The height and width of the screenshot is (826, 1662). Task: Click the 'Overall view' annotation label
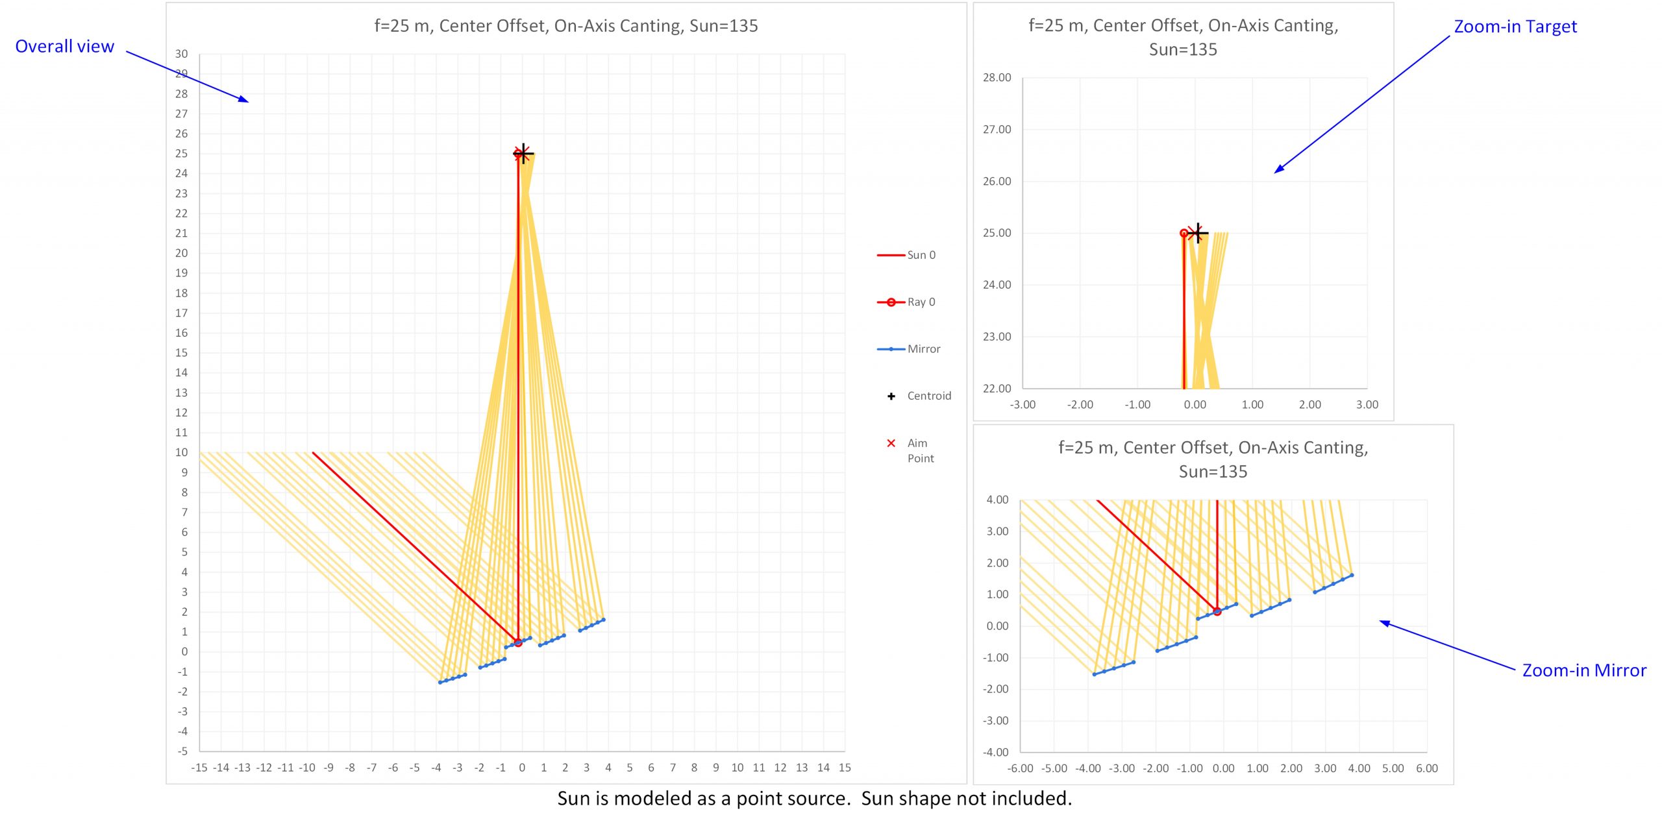(64, 47)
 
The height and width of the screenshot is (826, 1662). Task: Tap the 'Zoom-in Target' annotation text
(1515, 27)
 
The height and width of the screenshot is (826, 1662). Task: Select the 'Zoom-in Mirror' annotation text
(1584, 670)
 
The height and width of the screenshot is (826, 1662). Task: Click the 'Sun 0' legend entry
(921, 255)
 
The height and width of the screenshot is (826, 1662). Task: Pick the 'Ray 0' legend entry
(921, 302)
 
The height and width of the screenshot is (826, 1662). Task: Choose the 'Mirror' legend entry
(923, 349)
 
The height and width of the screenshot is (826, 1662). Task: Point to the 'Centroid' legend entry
(928, 396)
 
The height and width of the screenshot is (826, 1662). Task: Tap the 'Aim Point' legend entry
(920, 450)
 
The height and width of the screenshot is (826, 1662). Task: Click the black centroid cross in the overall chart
(523, 154)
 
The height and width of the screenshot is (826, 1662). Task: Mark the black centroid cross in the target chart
(1198, 232)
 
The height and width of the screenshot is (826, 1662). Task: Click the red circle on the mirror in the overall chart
(518, 642)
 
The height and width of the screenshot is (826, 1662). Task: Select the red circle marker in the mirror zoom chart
(1217, 611)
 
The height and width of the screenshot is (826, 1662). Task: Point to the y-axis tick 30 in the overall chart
(182, 54)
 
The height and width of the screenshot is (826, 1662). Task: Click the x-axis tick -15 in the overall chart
(199, 768)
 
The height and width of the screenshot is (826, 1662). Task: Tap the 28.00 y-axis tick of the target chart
(997, 78)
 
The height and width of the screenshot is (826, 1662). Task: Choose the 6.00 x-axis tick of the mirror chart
(1426, 768)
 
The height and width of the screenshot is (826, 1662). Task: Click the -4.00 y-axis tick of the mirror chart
(997, 752)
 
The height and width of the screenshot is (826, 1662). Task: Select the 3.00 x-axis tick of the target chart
(1367, 405)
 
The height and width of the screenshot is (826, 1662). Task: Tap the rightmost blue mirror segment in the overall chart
(591, 625)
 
